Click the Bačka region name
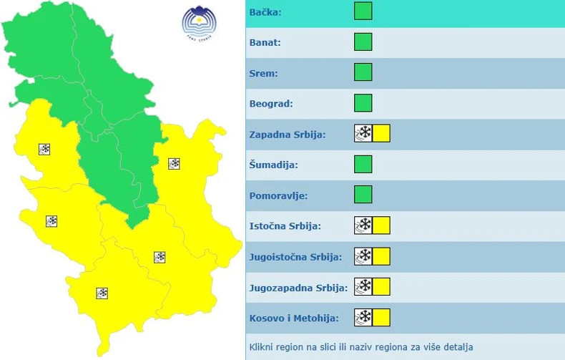tap(266, 12)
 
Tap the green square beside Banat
tap(363, 42)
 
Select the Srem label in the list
tap(264, 73)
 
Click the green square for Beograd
tap(363, 103)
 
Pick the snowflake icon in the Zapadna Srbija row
tap(363, 134)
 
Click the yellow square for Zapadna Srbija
tap(381, 134)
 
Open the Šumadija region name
tap(273, 165)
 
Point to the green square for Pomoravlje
tap(363, 195)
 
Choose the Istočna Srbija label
tap(285, 226)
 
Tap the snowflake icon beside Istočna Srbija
tap(363, 226)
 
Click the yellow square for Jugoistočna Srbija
tap(381, 256)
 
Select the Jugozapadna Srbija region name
tap(298, 288)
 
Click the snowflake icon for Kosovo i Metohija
tap(363, 318)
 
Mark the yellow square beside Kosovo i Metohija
tap(381, 318)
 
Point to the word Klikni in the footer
tap(262, 347)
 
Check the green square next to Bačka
tap(363, 11)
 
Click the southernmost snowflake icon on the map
tap(102, 293)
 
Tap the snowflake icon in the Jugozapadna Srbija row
tap(363, 287)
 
